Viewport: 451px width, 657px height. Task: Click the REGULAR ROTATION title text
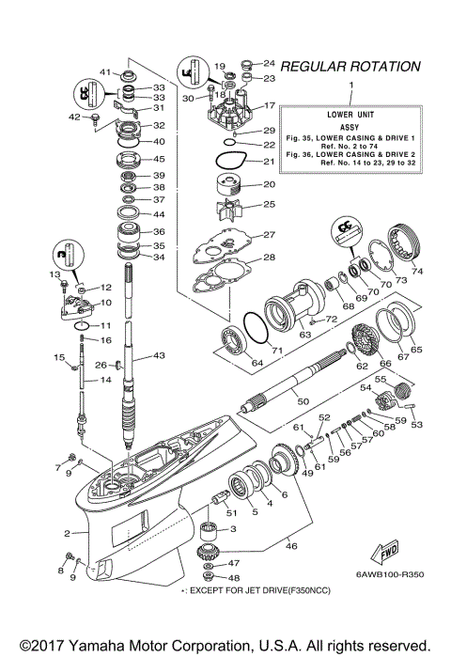tap(350, 67)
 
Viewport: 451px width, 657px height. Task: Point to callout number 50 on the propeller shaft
tap(303, 401)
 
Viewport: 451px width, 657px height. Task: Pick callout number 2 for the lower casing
tap(68, 534)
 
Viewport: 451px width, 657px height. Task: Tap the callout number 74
tap(416, 273)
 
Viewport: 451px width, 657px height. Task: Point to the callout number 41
tap(106, 71)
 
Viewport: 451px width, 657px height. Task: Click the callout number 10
tap(106, 304)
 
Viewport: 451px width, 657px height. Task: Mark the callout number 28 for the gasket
tap(269, 257)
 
